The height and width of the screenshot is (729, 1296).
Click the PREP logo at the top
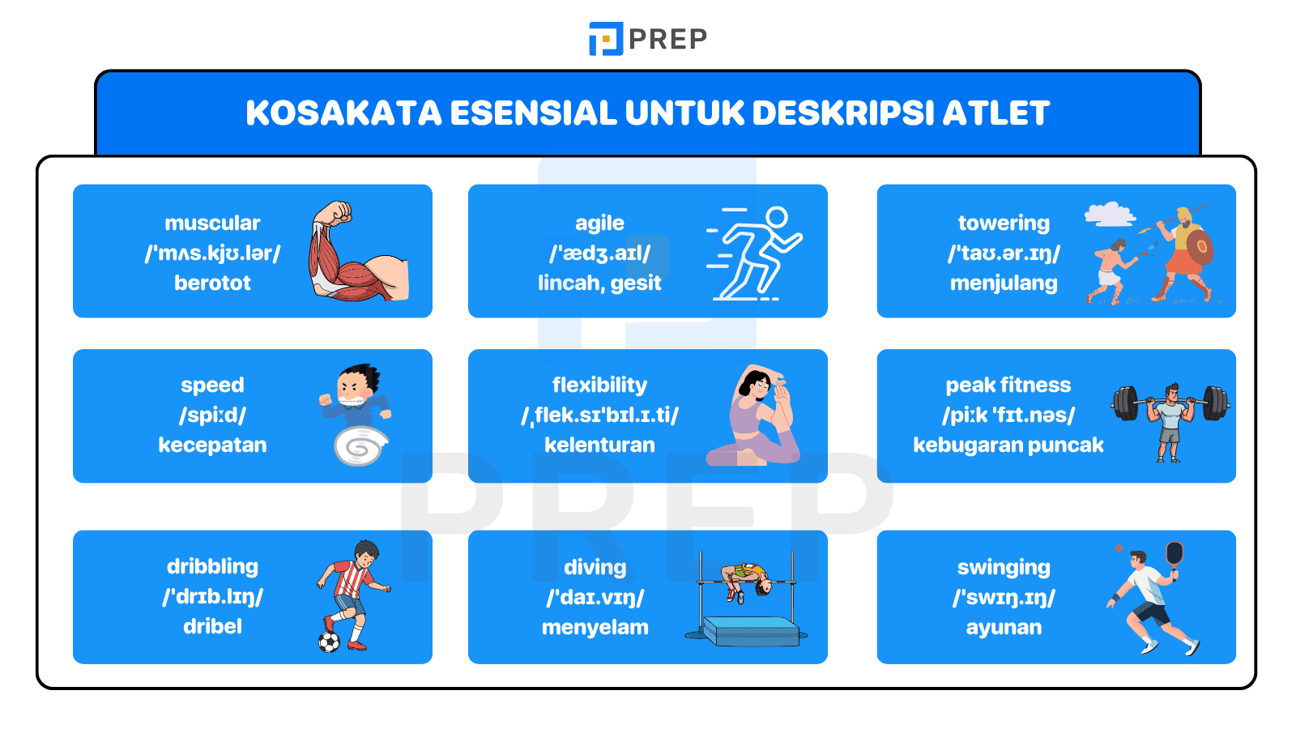647,39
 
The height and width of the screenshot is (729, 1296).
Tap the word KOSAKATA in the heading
344,113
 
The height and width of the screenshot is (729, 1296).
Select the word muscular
212,223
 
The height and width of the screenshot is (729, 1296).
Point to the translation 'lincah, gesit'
599,283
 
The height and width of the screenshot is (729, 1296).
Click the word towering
1004,223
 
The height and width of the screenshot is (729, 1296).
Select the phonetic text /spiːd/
212,415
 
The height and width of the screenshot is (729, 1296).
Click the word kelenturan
599,445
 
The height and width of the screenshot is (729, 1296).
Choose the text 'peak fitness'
1008,385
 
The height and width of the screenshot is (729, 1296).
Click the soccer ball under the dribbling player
329,642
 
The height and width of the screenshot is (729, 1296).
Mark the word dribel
212,626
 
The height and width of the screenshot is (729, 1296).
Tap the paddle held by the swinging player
1174,555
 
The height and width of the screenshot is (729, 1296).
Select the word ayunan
1004,627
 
